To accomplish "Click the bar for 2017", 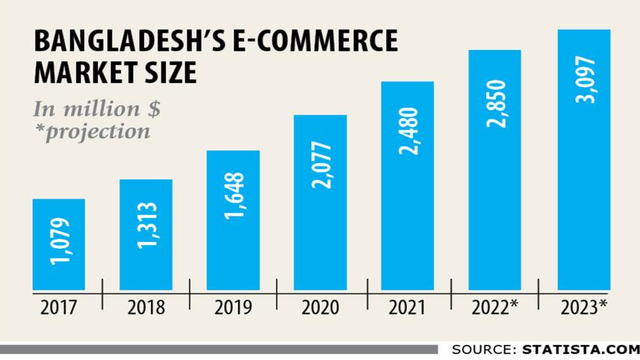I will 58,244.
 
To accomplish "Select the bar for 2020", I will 320,202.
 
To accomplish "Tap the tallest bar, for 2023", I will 584,160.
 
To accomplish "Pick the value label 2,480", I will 408,131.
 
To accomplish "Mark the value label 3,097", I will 584,79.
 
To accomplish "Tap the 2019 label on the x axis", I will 232,307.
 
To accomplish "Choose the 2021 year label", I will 407,307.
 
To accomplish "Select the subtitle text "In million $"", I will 96,108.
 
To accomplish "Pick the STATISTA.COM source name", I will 580,349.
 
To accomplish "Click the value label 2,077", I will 320,164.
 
